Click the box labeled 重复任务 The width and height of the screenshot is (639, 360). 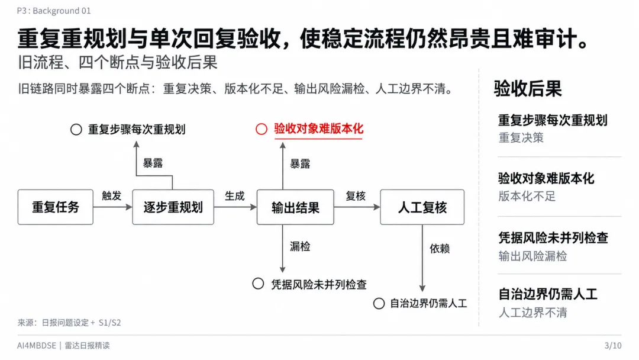pyautogui.click(x=56, y=207)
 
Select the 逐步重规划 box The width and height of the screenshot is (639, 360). pyautogui.click(x=173, y=207)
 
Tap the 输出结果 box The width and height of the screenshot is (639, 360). pyautogui.click(x=295, y=207)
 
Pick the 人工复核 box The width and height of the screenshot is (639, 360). pyautogui.click(x=422, y=207)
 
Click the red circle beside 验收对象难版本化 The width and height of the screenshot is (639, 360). pyautogui.click(x=262, y=129)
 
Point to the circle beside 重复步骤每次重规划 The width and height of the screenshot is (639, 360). pyautogui.click(x=76, y=130)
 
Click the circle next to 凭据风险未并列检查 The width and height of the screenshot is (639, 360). pyautogui.click(x=258, y=284)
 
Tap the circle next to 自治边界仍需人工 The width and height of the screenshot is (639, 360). pyautogui.click(x=379, y=303)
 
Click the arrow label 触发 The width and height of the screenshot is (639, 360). pyautogui.click(x=112, y=196)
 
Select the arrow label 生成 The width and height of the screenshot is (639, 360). pyautogui.click(x=235, y=196)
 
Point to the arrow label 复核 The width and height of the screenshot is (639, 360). pyautogui.click(x=356, y=196)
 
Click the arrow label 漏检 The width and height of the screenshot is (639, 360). pyautogui.click(x=300, y=246)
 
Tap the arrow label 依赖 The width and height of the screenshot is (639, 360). pyautogui.click(x=440, y=248)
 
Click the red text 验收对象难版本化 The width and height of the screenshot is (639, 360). pyautogui.click(x=319, y=129)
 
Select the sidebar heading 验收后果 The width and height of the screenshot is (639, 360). pyautogui.click(x=528, y=88)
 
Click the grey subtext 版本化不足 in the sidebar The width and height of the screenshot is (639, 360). pyautogui.click(x=527, y=197)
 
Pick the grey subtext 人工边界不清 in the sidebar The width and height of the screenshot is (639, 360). pyautogui.click(x=532, y=313)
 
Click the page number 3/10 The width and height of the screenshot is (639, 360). pyautogui.click(x=613, y=346)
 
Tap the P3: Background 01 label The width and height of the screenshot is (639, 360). pyautogui.click(x=54, y=11)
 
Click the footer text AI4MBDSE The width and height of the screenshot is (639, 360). pyautogui.click(x=37, y=346)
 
